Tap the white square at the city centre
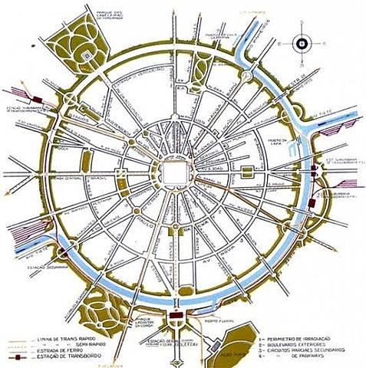click(173, 174)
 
